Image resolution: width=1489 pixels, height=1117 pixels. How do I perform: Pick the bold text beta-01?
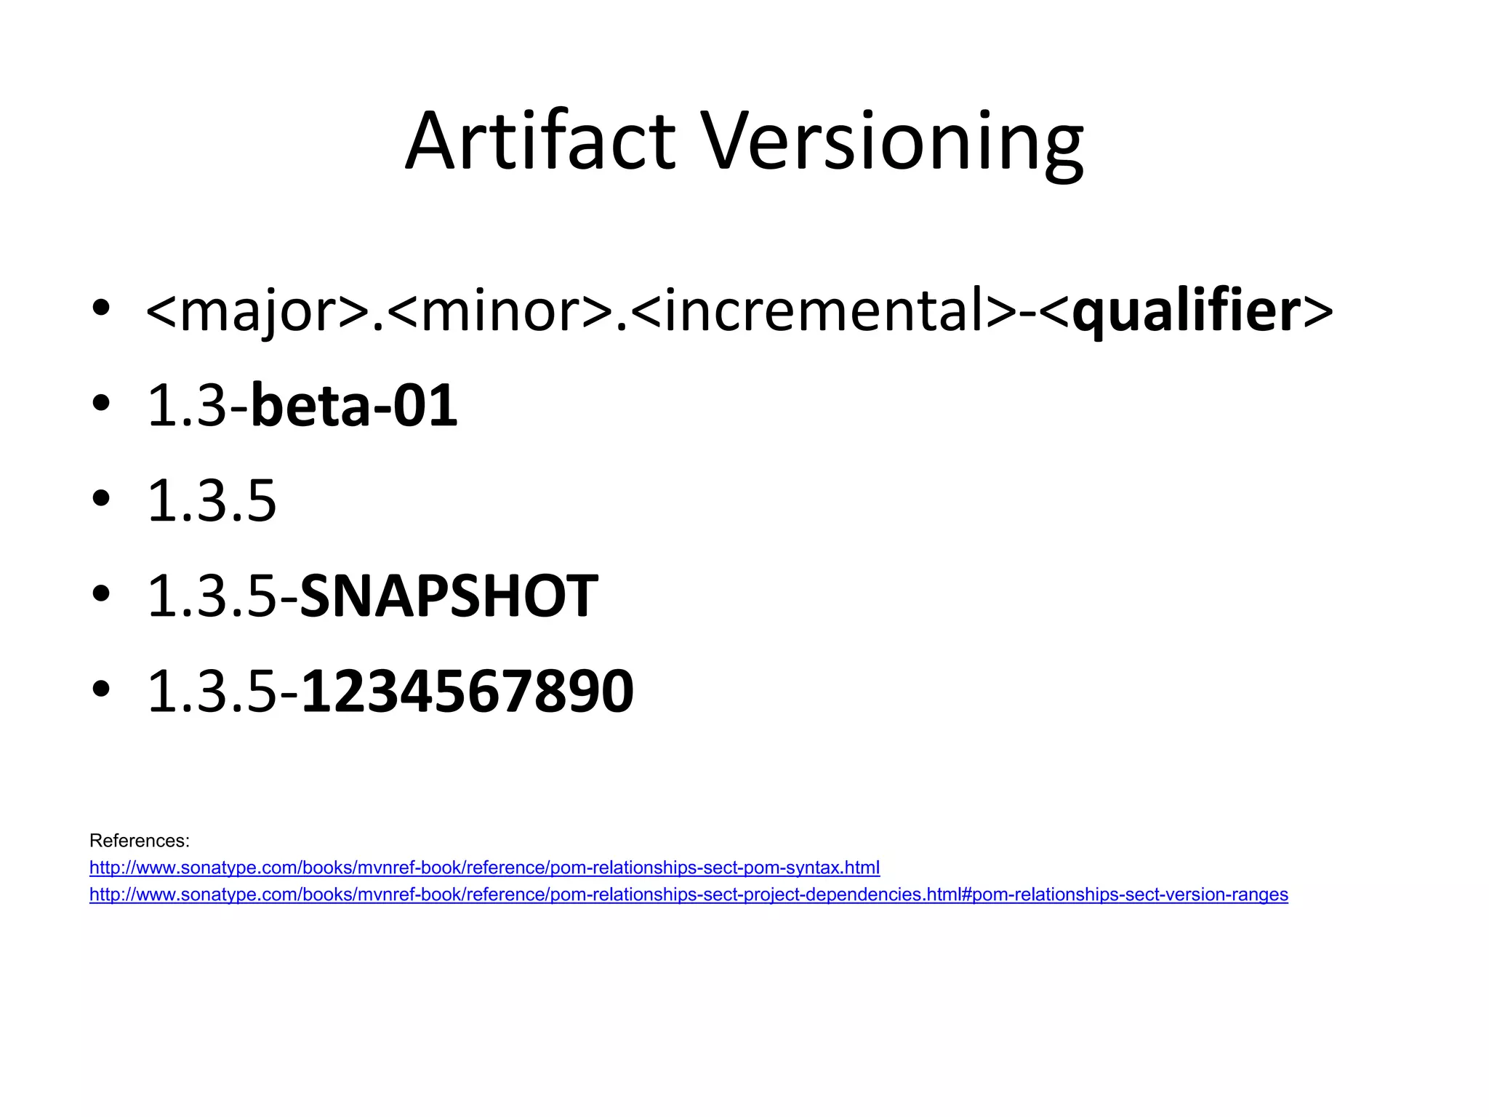(353, 406)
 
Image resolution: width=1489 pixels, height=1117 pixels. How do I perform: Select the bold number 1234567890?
(467, 692)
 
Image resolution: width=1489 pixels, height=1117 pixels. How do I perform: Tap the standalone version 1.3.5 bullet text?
(212, 501)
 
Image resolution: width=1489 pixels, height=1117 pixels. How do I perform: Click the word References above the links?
(139, 841)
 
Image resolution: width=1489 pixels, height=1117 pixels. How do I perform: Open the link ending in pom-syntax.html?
(484, 868)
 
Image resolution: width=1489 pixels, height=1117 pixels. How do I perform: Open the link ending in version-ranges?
(688, 894)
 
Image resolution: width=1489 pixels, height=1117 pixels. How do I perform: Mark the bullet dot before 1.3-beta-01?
(101, 403)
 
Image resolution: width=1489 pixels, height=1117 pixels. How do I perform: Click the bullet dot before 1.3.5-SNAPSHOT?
(101, 593)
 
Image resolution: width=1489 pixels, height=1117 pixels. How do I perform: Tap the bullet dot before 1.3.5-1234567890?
(101, 689)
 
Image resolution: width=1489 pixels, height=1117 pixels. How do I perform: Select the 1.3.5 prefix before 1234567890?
(212, 692)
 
